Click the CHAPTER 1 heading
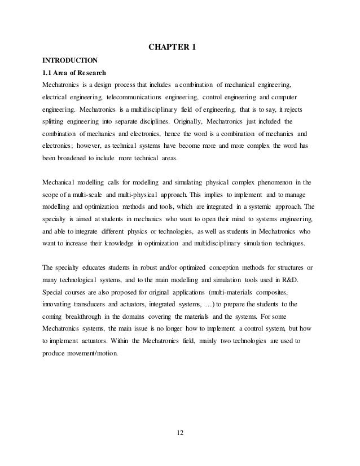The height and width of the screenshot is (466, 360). (172, 46)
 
